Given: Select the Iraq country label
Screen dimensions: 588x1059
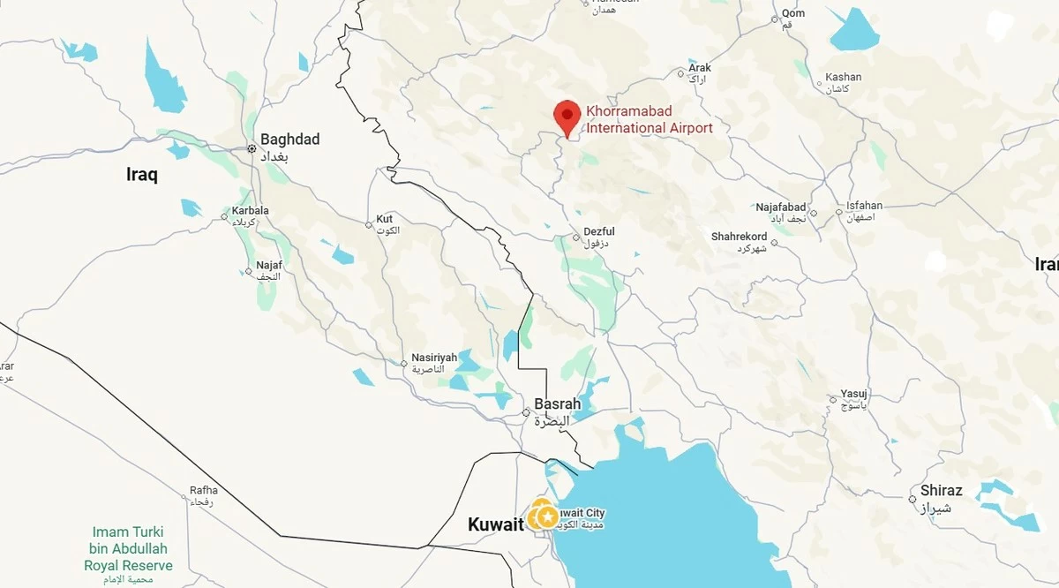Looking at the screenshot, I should [x=141, y=175].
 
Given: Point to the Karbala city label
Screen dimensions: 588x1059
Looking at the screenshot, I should [x=250, y=211].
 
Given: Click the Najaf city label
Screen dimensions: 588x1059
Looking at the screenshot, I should [x=268, y=265].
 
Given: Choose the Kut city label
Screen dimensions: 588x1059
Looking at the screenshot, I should [x=385, y=219].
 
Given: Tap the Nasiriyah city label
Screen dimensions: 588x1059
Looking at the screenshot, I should [x=434, y=358].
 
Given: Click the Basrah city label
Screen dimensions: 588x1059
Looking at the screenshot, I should [x=557, y=404].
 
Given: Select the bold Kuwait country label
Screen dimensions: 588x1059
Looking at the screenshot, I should [x=495, y=524].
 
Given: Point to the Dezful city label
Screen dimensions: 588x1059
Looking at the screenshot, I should [x=599, y=232].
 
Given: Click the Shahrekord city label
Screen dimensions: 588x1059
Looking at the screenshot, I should [x=739, y=237].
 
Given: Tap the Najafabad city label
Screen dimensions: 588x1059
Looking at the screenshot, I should [x=780, y=207].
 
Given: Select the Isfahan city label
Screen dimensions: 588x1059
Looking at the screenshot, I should [x=864, y=206].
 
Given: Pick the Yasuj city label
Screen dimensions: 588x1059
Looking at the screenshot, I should [x=854, y=394].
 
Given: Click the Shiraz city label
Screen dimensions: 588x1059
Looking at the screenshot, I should [x=941, y=491].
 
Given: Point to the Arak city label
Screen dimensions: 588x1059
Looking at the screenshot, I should [x=700, y=68].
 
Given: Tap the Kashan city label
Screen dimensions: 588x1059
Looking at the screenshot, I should [x=843, y=77].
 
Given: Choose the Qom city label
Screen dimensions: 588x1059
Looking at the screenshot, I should [x=793, y=13].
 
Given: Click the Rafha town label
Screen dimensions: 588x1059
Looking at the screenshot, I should [x=203, y=491].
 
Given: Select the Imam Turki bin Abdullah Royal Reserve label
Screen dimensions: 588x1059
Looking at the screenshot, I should [x=128, y=548].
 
